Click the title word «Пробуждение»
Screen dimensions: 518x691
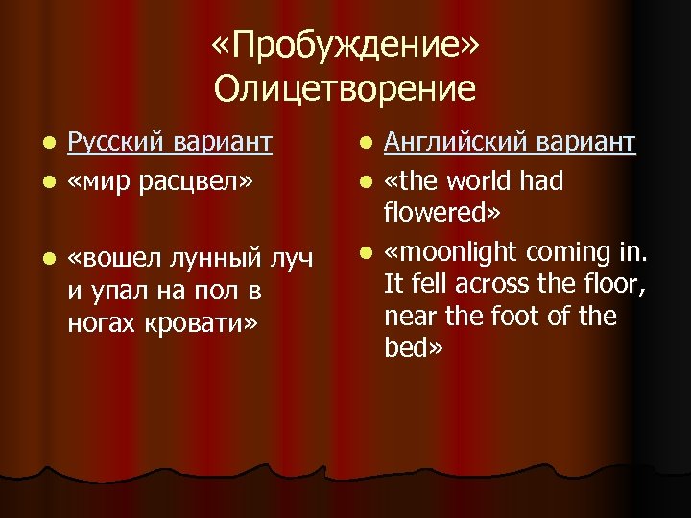point(345,46)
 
